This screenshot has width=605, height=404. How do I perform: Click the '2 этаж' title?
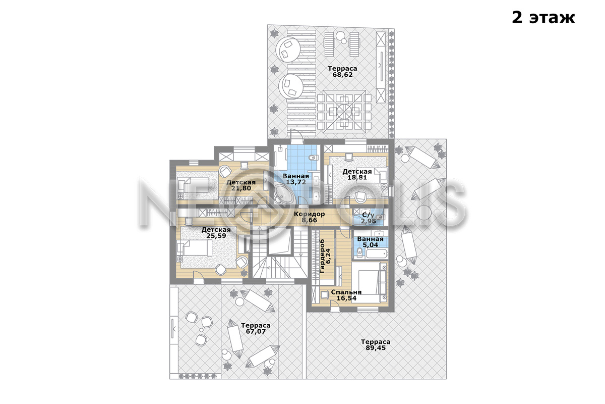tap(543, 18)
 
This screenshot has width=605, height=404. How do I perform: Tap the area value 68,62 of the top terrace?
tap(342, 75)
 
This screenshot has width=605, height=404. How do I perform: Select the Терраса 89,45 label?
tap(376, 345)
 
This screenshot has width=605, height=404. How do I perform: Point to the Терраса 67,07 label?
tap(256, 328)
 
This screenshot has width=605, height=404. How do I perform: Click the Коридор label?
tap(309, 214)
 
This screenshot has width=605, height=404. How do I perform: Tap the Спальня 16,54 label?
tap(346, 295)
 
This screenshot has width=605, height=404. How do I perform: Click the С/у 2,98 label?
tap(369, 218)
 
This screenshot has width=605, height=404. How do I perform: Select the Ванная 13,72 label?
tap(296, 179)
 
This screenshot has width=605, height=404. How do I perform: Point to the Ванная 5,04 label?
tap(370, 242)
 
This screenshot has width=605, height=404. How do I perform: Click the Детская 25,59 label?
tap(216, 233)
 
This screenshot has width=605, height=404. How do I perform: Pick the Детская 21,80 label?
tap(241, 185)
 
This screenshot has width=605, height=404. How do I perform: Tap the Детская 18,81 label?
tap(357, 175)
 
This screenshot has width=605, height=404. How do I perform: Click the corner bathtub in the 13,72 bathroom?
tap(283, 194)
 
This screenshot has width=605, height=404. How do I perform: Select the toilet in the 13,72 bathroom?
tap(314, 158)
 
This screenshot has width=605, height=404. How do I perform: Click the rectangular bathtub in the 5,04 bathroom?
tap(377, 254)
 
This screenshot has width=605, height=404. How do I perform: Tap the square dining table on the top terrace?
tap(344, 111)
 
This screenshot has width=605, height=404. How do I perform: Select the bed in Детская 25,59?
tap(195, 248)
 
